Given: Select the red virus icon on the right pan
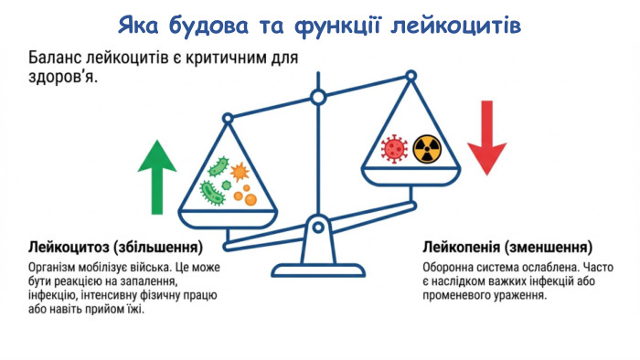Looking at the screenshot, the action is tap(393, 147).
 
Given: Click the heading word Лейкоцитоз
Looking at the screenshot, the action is tap(71, 248).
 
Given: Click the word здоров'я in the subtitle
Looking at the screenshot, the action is tap(60, 79).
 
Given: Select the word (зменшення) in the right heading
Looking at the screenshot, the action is tap(551, 248).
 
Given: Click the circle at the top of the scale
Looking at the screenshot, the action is tap(318, 96).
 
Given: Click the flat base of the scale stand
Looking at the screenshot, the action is tap(317, 270).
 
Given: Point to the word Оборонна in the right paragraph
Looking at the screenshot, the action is tap(449, 267).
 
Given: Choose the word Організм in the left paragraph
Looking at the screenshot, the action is tap(55, 267).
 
